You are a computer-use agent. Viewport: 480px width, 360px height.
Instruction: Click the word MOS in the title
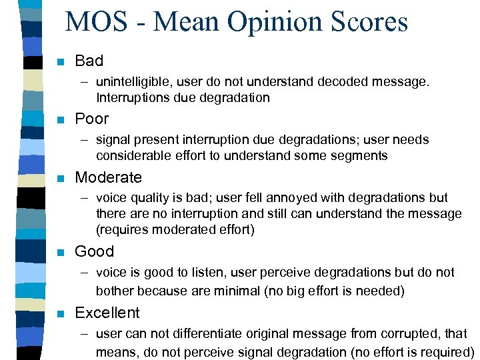click(x=96, y=23)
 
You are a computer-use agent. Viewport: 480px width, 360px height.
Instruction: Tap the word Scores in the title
click(x=367, y=23)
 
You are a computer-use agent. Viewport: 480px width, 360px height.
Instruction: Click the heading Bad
click(x=89, y=61)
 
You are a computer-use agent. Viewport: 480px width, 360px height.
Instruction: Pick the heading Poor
click(x=91, y=119)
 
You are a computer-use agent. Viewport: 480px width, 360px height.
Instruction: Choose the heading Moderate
click(x=108, y=177)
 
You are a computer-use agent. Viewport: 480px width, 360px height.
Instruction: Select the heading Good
click(x=94, y=251)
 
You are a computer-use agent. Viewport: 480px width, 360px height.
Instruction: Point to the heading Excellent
click(x=107, y=313)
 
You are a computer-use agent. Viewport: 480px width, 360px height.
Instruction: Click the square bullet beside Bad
click(x=61, y=62)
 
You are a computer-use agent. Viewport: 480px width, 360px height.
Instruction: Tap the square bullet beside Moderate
click(x=61, y=178)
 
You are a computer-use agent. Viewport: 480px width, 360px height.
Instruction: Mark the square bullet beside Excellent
click(x=61, y=313)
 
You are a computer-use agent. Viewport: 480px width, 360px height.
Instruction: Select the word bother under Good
click(x=115, y=291)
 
